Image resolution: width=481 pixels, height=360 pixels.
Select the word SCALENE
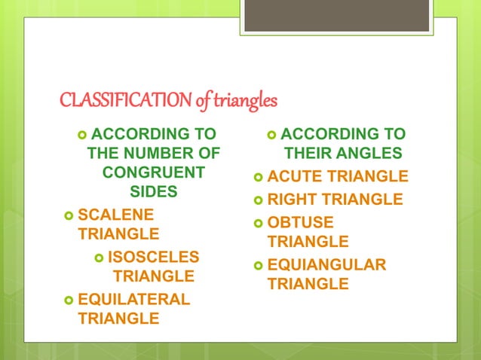tap(115, 213)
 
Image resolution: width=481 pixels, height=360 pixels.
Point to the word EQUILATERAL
tap(134, 299)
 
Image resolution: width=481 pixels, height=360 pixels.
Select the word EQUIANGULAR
tap(326, 265)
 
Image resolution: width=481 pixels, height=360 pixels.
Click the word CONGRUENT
tap(153, 172)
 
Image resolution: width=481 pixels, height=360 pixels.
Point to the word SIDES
tap(154, 191)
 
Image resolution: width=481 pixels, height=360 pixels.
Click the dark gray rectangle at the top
tap(336, 15)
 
